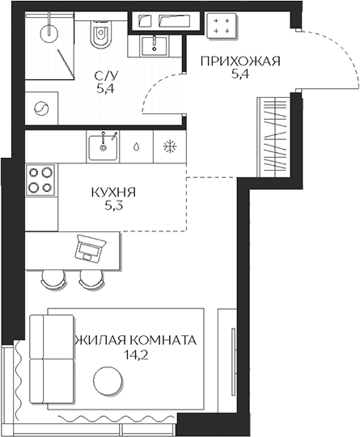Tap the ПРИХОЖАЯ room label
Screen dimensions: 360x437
click(240, 62)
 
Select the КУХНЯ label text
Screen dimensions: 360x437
click(113, 193)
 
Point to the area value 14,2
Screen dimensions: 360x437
click(136, 355)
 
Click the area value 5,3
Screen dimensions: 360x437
click(114, 206)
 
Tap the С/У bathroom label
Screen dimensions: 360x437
click(106, 75)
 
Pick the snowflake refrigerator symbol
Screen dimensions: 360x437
click(170, 146)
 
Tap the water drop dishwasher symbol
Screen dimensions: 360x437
click(136, 146)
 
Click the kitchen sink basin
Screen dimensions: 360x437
click(103, 147)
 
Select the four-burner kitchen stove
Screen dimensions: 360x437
click(40, 180)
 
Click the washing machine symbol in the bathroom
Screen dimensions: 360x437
click(41, 108)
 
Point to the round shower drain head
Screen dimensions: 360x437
click(49, 34)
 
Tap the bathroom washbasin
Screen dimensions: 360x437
click(154, 46)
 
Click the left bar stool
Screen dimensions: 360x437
click(53, 280)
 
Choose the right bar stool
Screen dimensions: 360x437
click(91, 280)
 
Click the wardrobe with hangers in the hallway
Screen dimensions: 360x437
click(275, 137)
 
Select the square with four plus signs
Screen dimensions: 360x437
click(222, 26)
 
